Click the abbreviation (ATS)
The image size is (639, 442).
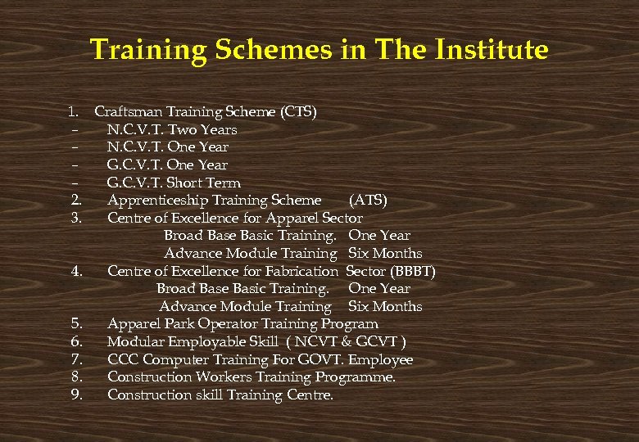[368, 200]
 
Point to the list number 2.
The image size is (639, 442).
[75, 200]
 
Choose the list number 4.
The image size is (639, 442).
[75, 271]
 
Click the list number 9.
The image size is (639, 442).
[75, 395]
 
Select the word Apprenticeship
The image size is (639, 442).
[157, 200]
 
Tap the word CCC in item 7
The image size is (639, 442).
[122, 359]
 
